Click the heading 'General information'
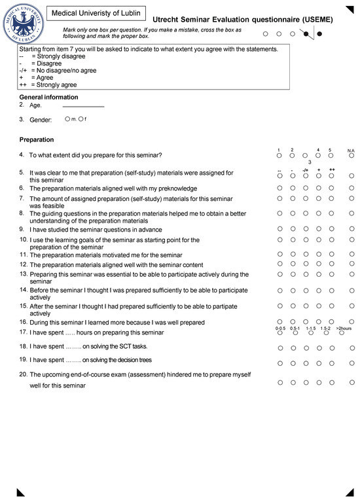point(48,98)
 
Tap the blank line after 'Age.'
point(83,105)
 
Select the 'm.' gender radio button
point(67,119)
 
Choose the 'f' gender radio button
point(81,119)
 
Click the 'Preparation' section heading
point(37,139)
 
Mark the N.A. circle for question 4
point(351,156)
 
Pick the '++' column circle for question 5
point(332,175)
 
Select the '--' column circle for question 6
point(279,187)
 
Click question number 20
point(23,374)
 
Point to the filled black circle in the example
point(319,33)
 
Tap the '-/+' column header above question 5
point(306,170)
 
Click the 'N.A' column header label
point(351,150)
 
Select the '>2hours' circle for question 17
point(345,333)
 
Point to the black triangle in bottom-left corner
point(20,492)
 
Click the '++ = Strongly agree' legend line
point(48,85)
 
